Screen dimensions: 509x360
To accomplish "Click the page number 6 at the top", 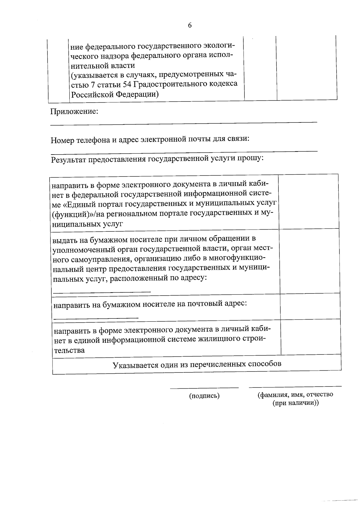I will pos(190,26).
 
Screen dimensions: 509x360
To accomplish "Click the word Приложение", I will pos(74,112).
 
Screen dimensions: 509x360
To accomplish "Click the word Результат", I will pos(68,160).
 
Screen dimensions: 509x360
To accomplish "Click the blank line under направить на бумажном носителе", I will pos(96,317).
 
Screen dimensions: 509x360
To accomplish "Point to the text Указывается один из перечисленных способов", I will pos(197,365).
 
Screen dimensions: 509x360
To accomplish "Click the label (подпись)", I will pos(204,396).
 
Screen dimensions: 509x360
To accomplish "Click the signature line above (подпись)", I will pos(204,388).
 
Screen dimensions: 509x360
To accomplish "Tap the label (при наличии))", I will pos(295,403).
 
